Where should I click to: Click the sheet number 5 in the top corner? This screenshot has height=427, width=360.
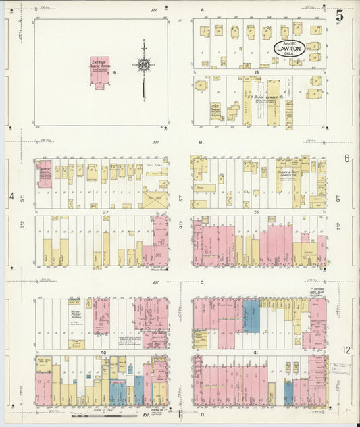pos(340,14)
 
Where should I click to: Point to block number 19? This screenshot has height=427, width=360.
pos(257,71)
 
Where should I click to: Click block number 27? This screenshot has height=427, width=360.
pos(105,211)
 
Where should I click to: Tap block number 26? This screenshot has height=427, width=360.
pos(257,211)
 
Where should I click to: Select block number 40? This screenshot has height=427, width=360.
pos(104,352)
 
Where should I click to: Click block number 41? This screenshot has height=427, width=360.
pos(257,352)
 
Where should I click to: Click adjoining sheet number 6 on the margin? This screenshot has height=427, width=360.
pos(346,158)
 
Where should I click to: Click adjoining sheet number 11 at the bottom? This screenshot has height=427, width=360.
pos(180,414)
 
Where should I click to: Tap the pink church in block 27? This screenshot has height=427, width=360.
pos(45,172)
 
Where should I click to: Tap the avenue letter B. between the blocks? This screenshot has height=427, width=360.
pos(201,142)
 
